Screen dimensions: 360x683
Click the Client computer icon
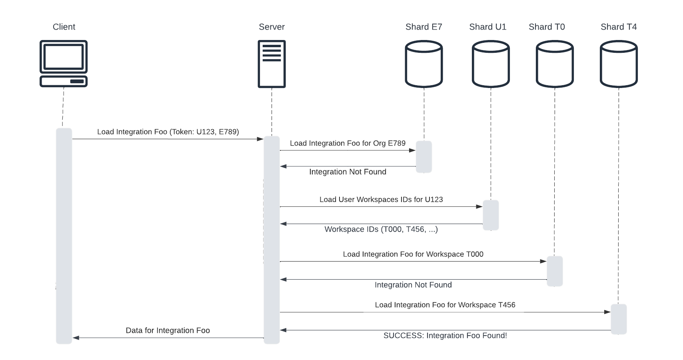pyautogui.click(x=64, y=63)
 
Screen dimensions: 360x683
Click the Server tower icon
pyautogui.click(x=272, y=64)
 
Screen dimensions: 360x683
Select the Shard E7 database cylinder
pyautogui.click(x=423, y=64)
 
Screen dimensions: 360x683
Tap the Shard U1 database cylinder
pyautogui.click(x=491, y=64)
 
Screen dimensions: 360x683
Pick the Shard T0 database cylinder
pyautogui.click(x=555, y=64)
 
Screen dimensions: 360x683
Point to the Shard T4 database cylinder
pyautogui.click(x=619, y=64)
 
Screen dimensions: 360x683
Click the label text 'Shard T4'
pyautogui.click(x=618, y=27)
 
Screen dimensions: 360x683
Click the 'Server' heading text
pyautogui.click(x=272, y=27)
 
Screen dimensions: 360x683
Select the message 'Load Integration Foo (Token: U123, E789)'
pyautogui.click(x=168, y=132)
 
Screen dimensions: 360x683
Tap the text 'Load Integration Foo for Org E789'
pyautogui.click(x=347, y=143)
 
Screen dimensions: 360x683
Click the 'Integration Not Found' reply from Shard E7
pyautogui.click(x=347, y=172)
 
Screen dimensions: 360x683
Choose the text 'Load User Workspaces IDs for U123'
pyautogui.click(x=381, y=200)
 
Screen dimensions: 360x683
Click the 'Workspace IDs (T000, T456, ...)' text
pyautogui.click(x=381, y=229)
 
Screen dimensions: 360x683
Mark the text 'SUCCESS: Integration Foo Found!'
pyautogui.click(x=445, y=336)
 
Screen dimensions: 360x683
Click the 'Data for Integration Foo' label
pyautogui.click(x=168, y=330)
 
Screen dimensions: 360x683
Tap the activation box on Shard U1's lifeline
pyautogui.click(x=491, y=215)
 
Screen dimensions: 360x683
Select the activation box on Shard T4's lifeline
pyautogui.click(x=619, y=319)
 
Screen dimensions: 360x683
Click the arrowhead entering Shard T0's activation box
pyautogui.click(x=543, y=261)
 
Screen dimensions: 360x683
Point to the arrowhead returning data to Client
pyautogui.click(x=76, y=338)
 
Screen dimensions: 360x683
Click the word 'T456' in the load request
pyautogui.click(x=507, y=305)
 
